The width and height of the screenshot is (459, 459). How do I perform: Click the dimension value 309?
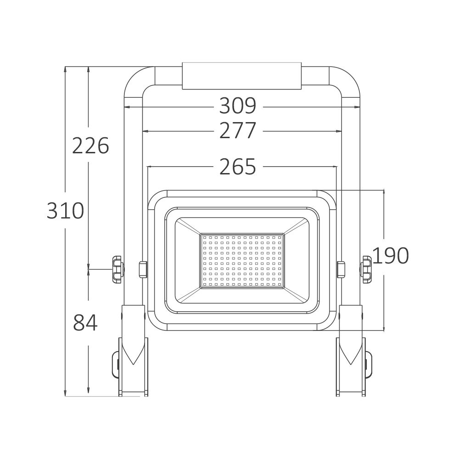click(x=238, y=106)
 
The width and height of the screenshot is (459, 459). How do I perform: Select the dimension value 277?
click(x=238, y=130)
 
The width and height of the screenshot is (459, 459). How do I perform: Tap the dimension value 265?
click(x=238, y=167)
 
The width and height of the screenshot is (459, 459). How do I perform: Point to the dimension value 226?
click(x=90, y=146)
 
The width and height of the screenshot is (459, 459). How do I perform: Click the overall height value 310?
click(x=65, y=211)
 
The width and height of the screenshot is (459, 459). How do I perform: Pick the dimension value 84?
click(x=85, y=322)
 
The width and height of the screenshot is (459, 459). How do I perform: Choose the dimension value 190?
click(x=390, y=256)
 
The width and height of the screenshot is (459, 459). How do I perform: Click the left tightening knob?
click(x=118, y=269)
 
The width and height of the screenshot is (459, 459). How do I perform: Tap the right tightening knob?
click(x=366, y=269)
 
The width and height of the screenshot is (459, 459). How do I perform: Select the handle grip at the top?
click(x=242, y=76)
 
